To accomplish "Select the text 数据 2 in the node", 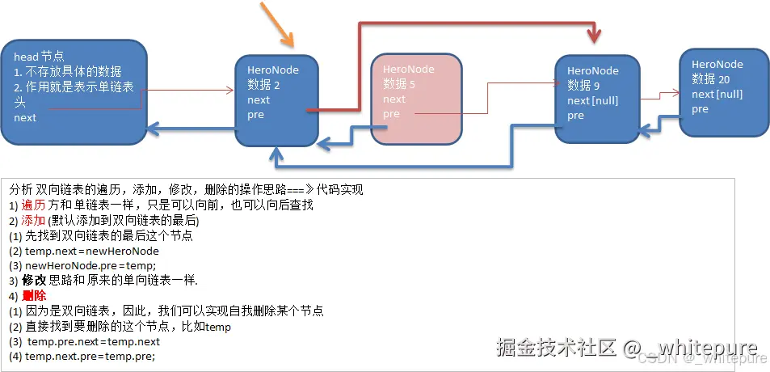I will click(263, 85).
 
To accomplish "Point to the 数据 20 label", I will click(711, 79).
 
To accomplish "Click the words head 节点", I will click(38, 57).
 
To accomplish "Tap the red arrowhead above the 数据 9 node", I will click(596, 36).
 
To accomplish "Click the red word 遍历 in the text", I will click(34, 205).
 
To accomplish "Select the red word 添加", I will click(34, 221).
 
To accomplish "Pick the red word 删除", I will click(34, 296).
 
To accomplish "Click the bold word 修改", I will click(34, 281).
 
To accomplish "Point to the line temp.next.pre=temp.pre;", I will click(90, 356).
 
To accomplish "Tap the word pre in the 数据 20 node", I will click(700, 109).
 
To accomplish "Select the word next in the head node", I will click(25, 118).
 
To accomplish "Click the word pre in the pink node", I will click(391, 114).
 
